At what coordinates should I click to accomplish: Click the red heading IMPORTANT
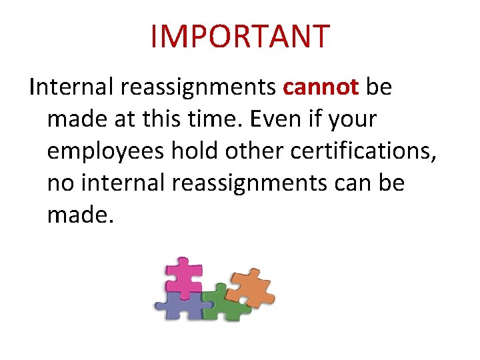240,36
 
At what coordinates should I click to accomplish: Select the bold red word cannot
321,88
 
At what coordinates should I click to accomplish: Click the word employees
105,152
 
